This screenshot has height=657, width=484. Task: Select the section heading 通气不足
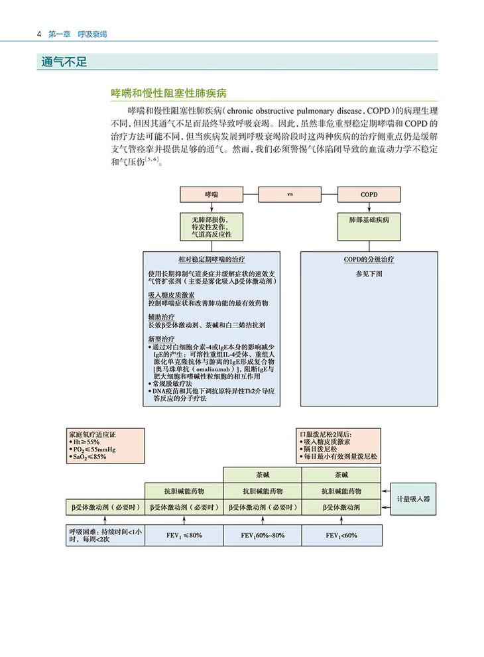point(64,62)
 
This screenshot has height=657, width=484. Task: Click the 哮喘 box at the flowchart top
point(211,194)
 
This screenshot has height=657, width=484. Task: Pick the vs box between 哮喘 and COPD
point(290,194)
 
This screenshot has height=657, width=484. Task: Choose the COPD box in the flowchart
point(368,194)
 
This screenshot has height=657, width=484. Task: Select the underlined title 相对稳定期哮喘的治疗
point(212,259)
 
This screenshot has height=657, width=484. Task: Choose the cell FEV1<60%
point(341,534)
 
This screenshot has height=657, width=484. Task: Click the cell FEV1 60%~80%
point(263,534)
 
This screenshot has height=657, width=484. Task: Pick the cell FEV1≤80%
point(184,534)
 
